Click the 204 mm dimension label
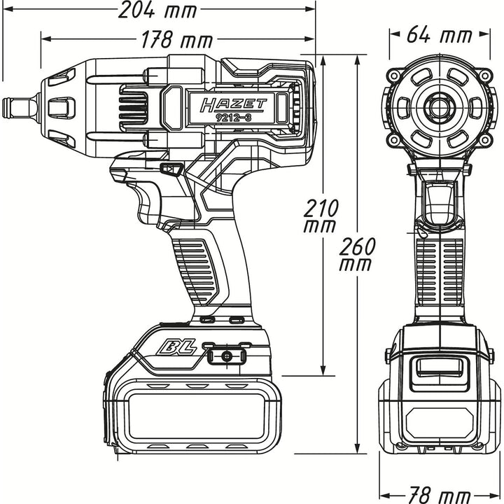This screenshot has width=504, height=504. pyautogui.click(x=157, y=10)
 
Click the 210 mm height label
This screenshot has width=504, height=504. pyautogui.click(x=323, y=216)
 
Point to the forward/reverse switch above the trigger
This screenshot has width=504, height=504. pyautogui.click(x=169, y=169)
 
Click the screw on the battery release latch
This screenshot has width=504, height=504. pyautogui.click(x=226, y=356)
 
